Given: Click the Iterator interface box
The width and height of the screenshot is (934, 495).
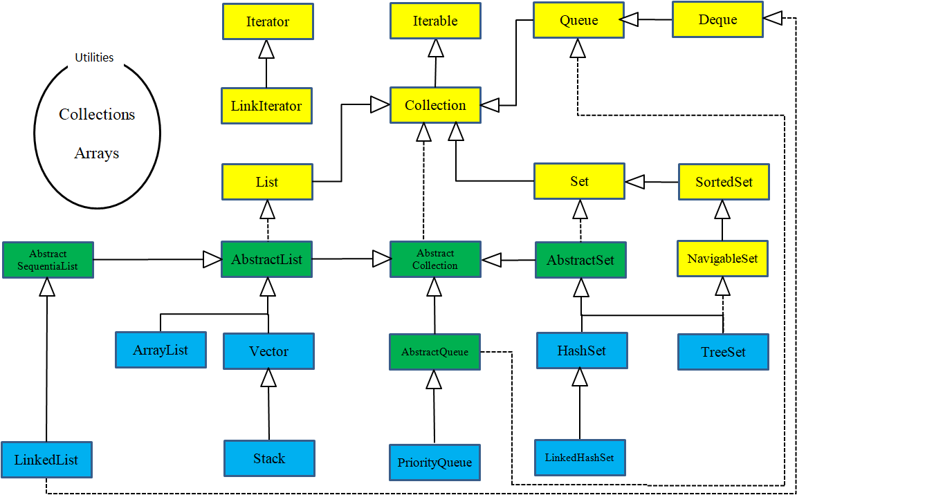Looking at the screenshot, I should (268, 21).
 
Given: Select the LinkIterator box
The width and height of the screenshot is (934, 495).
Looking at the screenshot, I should (266, 106).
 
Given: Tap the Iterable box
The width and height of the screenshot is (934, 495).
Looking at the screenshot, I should (435, 21).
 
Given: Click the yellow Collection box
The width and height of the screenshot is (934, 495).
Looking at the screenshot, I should (435, 105).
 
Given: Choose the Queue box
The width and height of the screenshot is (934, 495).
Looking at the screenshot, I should (578, 20).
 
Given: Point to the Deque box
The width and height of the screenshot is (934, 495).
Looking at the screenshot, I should (717, 19).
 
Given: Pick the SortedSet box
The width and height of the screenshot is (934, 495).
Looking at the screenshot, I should (724, 182).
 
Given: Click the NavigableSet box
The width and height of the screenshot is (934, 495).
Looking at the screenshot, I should (722, 259).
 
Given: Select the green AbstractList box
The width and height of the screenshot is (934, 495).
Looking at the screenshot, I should (266, 259).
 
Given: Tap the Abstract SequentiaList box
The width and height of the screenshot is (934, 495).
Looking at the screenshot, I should (48, 259).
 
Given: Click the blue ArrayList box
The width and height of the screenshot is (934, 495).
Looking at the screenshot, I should (161, 350).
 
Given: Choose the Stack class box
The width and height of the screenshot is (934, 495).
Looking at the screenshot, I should (269, 458).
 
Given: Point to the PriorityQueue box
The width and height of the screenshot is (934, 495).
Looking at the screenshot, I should (434, 463).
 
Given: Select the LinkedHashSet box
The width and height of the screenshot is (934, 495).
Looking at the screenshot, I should (580, 457).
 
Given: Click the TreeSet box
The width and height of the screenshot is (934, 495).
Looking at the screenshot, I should (723, 352).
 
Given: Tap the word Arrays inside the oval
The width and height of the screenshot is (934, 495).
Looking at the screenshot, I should (97, 153).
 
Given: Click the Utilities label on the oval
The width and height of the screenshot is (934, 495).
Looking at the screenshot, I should (94, 57).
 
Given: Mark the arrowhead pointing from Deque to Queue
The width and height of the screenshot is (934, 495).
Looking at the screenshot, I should (629, 21).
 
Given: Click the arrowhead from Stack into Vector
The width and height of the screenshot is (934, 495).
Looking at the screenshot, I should (268, 377).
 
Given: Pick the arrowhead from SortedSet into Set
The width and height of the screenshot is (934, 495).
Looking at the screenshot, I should (634, 182).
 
